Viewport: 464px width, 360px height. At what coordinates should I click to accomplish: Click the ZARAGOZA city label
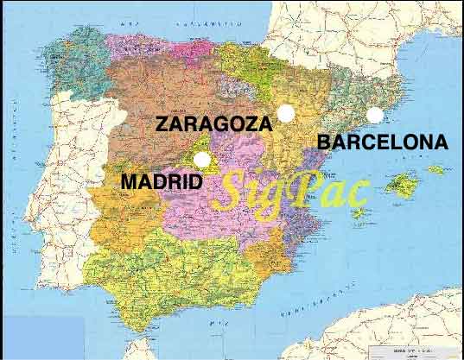[x=213, y=123]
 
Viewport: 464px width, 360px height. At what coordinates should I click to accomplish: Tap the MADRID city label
[x=162, y=182]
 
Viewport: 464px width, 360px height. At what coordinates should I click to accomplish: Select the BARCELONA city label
[x=382, y=142]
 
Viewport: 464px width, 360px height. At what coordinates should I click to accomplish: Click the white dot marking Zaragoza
[x=285, y=112]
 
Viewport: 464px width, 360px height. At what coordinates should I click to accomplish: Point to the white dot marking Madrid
[x=202, y=159]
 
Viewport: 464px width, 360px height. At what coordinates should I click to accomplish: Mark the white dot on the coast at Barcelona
[x=374, y=115]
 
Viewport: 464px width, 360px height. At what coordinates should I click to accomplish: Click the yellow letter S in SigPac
[x=232, y=192]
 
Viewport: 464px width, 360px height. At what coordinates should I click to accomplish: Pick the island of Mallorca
[x=401, y=185]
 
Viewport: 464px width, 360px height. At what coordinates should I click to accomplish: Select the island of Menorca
[x=435, y=169]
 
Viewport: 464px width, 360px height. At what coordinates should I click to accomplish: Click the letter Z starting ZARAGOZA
[x=162, y=123]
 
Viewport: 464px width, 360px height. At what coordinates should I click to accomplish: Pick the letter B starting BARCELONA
[x=323, y=142]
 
